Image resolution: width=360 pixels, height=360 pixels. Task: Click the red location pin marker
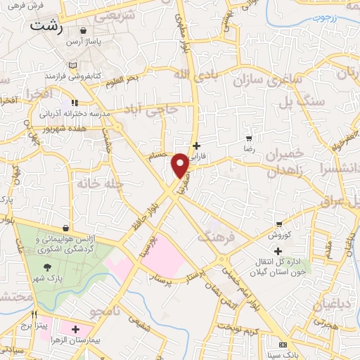point(180,165)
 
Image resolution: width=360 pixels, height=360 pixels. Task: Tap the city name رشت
point(46,27)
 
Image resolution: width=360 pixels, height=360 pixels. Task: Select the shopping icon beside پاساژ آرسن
point(84,32)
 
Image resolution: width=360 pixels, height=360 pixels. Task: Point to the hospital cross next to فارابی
point(196,145)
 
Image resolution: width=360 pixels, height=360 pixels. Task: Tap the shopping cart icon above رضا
point(248,138)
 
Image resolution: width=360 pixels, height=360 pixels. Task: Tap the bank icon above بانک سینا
point(283,345)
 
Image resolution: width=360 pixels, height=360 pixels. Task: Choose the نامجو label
point(108,310)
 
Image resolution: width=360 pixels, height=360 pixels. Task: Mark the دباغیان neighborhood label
point(323,304)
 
